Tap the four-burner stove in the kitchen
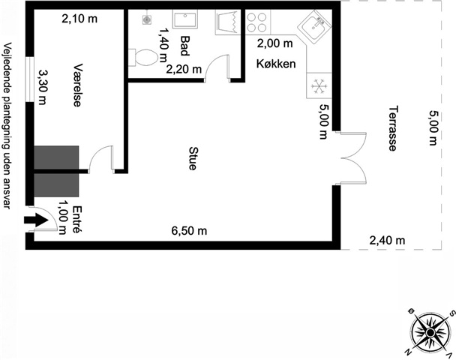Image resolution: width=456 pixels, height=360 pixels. (x=256, y=22)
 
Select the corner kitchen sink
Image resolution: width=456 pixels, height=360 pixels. (x=315, y=26)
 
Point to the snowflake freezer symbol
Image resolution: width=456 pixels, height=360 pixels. (x=319, y=86)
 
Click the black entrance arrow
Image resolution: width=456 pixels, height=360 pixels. (x=36, y=220)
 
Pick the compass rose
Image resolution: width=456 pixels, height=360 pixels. (x=429, y=333)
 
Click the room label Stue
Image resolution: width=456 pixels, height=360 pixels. (x=192, y=158)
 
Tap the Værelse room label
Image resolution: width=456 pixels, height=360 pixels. (x=76, y=85)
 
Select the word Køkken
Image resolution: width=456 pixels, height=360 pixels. (x=276, y=64)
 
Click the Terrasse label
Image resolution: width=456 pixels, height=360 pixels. (x=393, y=128)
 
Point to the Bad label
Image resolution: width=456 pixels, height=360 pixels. (x=185, y=46)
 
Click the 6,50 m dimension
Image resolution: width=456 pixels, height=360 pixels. (x=189, y=231)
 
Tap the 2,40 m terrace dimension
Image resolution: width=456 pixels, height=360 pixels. (x=387, y=241)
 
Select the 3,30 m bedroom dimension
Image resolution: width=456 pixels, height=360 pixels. (x=43, y=87)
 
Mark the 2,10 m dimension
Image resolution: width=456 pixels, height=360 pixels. (x=79, y=19)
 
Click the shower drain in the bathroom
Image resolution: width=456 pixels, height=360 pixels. (x=146, y=19)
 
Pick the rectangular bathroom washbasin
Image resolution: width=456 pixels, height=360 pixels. (x=185, y=19)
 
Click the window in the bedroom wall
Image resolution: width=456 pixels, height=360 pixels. (x=29, y=79)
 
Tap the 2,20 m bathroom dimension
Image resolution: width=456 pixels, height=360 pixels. (x=184, y=69)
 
